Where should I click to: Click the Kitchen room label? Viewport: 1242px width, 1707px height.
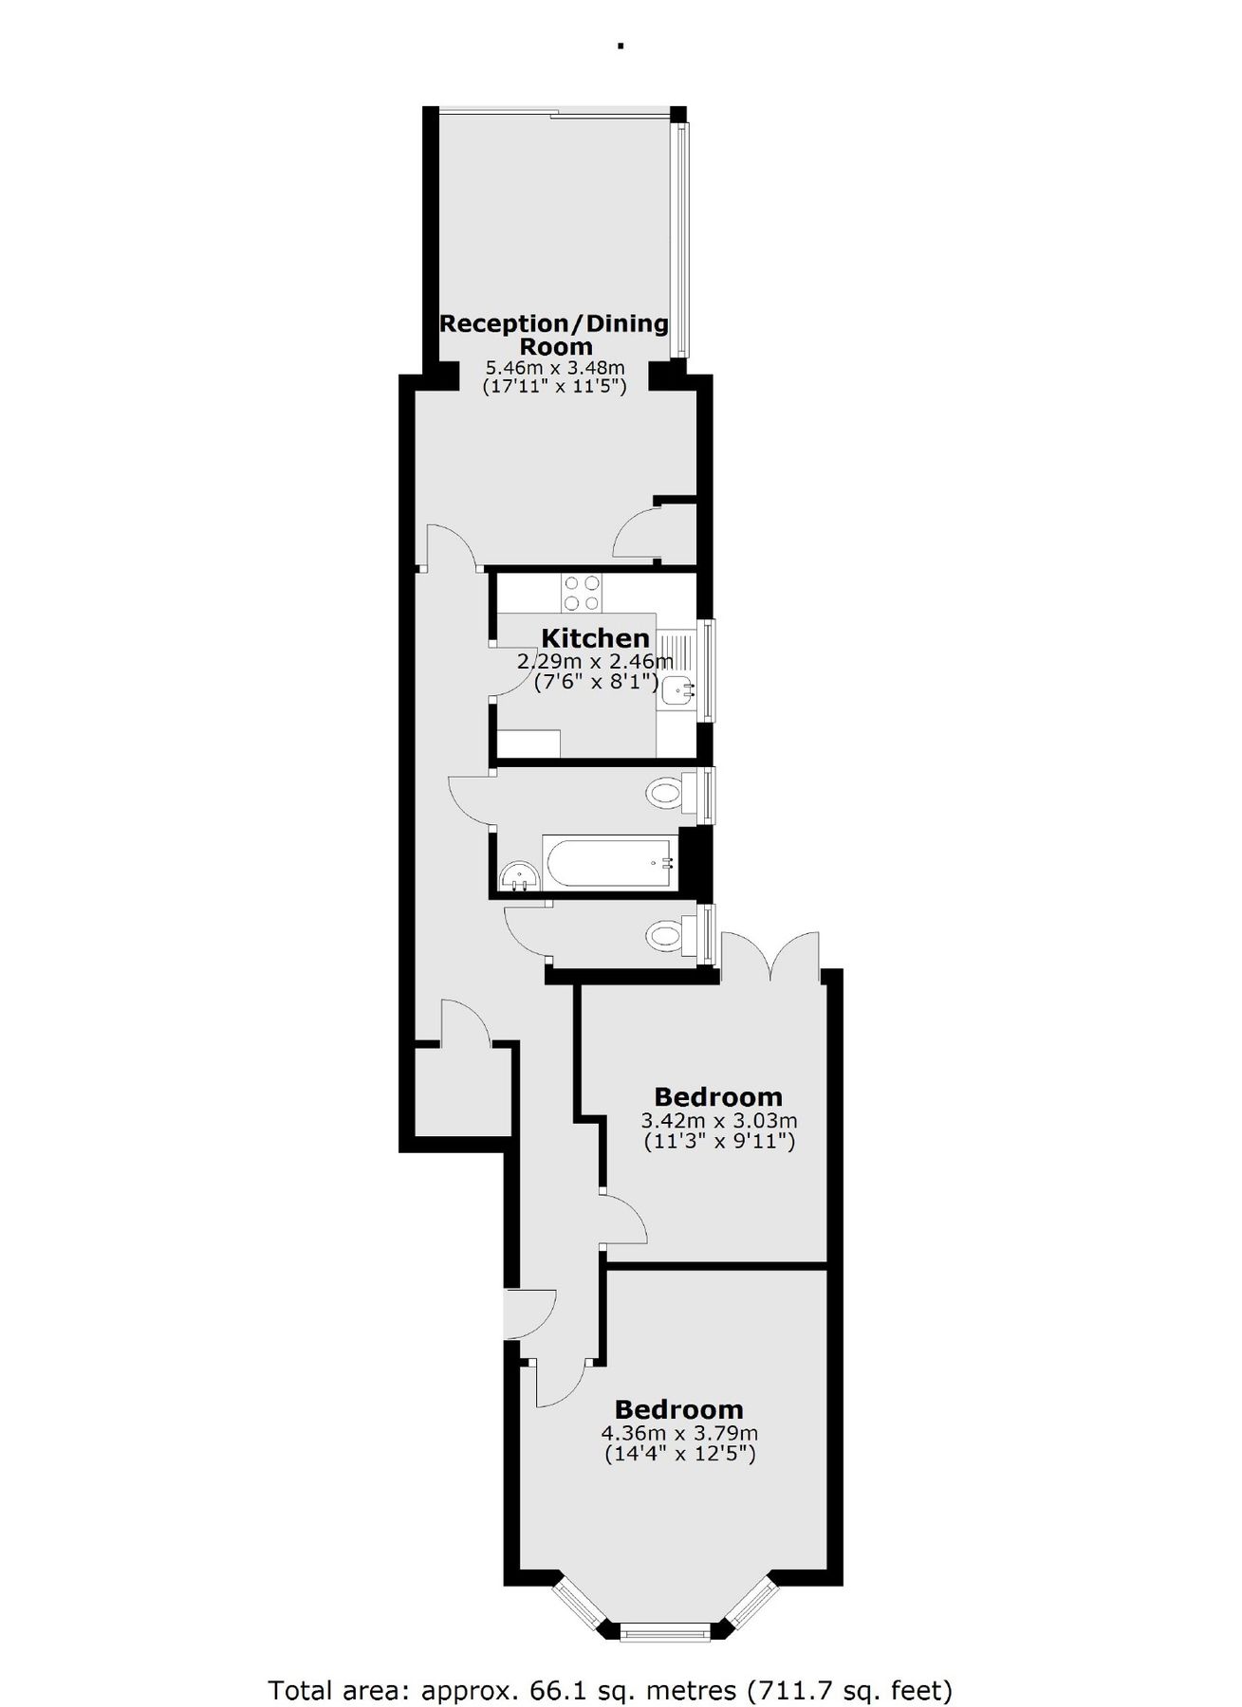(595, 637)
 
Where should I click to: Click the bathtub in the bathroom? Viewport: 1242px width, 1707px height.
(607, 862)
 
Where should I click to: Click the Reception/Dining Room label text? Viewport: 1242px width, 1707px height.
(554, 334)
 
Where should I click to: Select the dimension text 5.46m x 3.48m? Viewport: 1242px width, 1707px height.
(555, 368)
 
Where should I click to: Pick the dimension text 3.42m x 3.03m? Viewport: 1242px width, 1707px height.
(718, 1121)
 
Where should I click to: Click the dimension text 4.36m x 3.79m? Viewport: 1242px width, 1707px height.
(679, 1433)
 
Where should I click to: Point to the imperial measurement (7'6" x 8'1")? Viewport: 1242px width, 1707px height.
(596, 680)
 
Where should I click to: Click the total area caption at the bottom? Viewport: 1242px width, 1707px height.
(610, 1663)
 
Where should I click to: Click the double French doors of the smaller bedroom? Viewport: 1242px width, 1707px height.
(770, 958)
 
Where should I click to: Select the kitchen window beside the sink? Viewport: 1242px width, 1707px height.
(708, 670)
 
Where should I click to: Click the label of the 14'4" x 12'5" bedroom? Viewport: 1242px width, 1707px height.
(678, 1409)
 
